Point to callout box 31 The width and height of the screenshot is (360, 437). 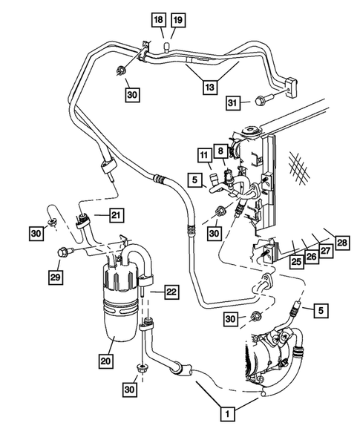point(232,102)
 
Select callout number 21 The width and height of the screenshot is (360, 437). point(116,215)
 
